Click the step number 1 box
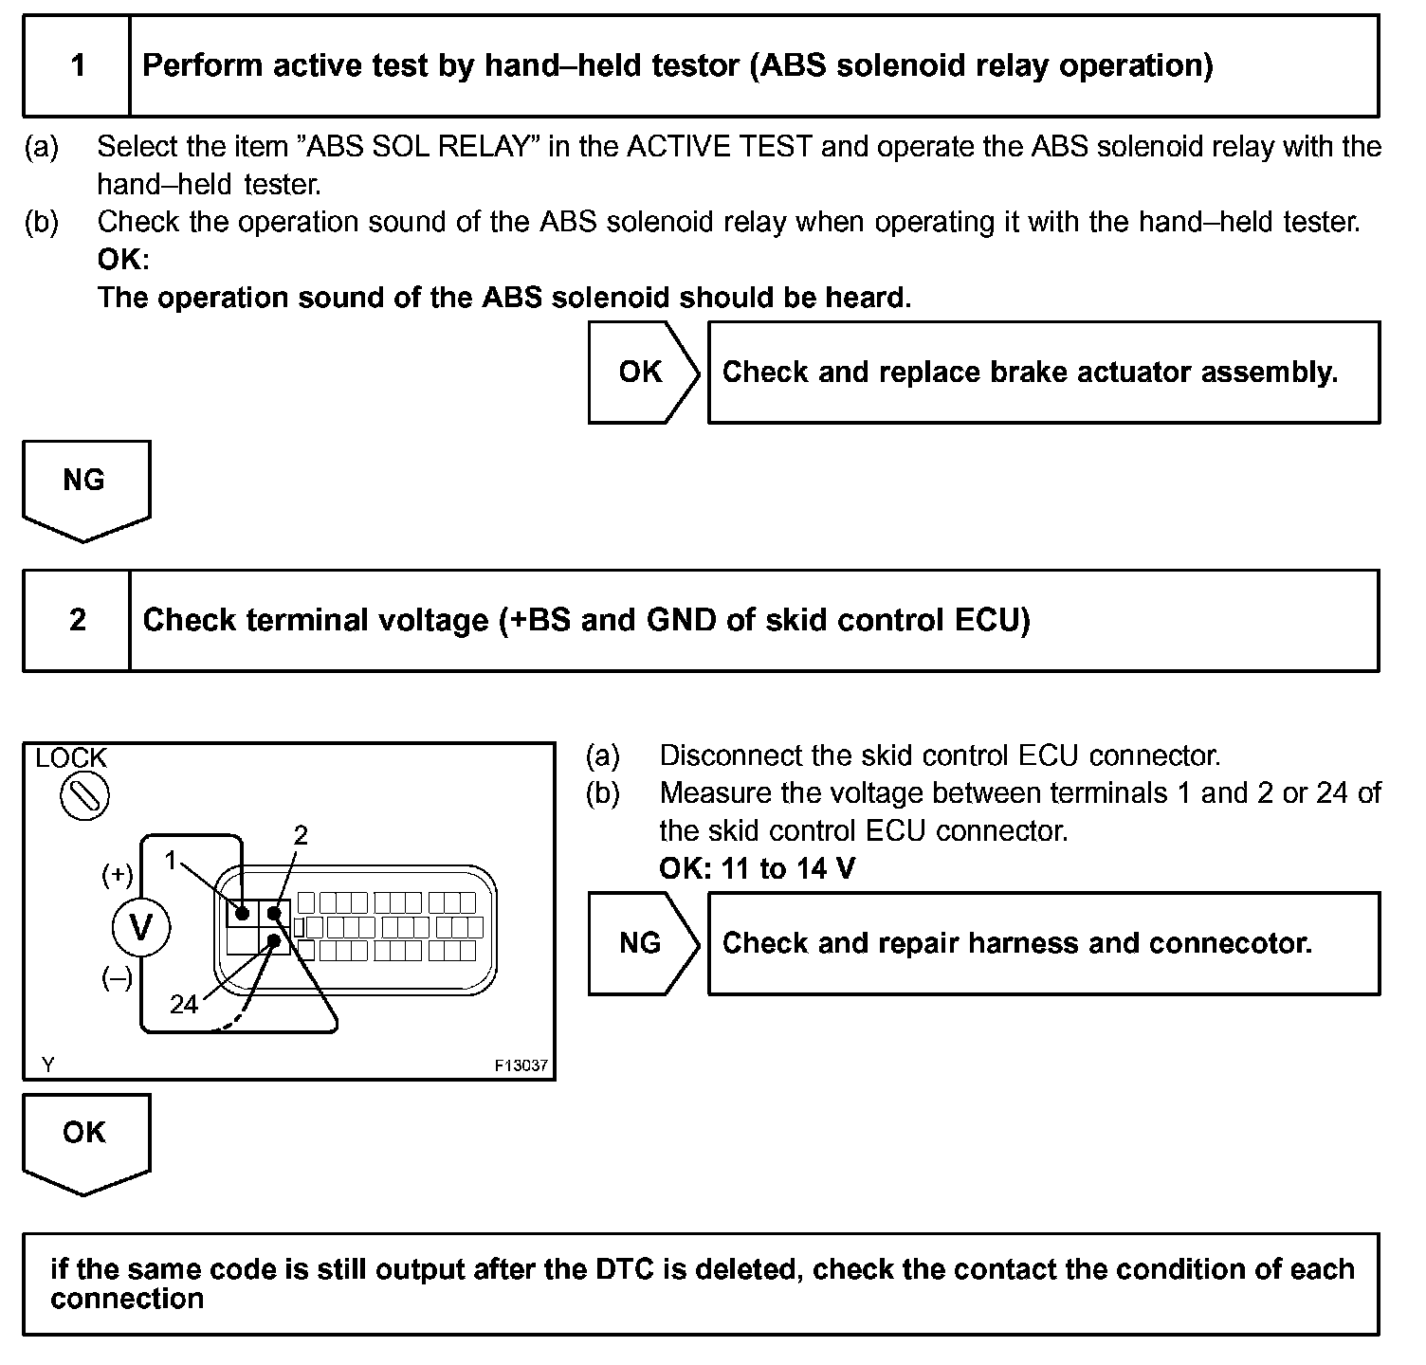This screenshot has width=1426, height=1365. [77, 65]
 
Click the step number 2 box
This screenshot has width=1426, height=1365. [77, 620]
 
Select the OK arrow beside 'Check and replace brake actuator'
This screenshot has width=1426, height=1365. [643, 372]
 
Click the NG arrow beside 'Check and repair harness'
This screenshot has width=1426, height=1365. [642, 943]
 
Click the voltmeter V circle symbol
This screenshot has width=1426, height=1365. [141, 926]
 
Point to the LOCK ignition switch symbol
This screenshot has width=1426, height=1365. [84, 796]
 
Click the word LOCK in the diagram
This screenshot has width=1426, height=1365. [71, 758]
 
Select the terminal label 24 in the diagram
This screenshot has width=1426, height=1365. [184, 1005]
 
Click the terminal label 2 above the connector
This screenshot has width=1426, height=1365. [301, 835]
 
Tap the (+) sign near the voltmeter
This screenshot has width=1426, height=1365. [118, 875]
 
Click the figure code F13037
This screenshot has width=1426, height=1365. [521, 1065]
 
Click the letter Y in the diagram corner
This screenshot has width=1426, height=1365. [48, 1065]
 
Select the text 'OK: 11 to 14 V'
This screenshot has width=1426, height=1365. [757, 868]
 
